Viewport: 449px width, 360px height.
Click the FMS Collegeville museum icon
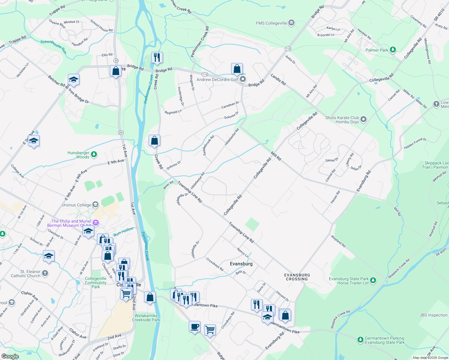coord(291,23)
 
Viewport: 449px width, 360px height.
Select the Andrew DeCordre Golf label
coord(217,79)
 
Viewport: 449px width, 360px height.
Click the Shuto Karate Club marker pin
coord(363,120)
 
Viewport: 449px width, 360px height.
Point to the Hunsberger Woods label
coord(78,155)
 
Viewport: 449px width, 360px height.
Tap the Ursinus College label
coord(76,205)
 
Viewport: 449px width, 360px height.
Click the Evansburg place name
coord(241,264)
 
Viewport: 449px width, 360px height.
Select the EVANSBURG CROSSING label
coord(297,277)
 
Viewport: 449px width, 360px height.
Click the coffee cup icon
coord(194,326)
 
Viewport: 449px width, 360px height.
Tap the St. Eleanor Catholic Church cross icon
coord(45,273)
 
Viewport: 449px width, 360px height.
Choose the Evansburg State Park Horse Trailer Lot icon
coord(373,280)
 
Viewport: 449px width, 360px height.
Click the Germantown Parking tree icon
coord(360,340)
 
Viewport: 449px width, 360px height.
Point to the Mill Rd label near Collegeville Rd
coord(276,156)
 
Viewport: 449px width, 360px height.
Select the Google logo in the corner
coord(10,356)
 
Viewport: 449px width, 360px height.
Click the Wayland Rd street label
coord(338,241)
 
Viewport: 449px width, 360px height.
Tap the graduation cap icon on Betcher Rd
coord(74,80)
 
